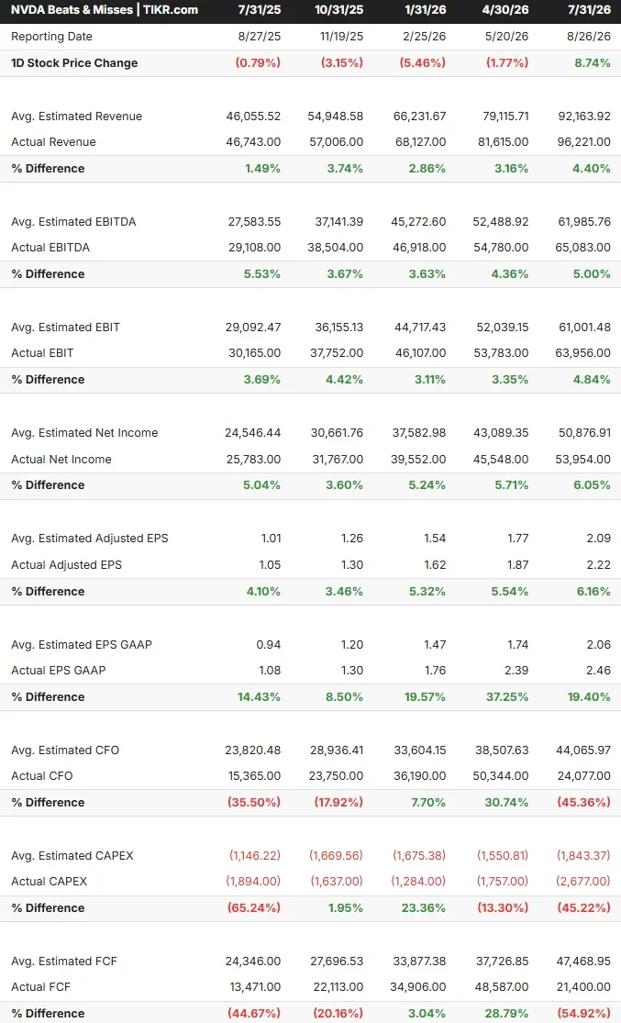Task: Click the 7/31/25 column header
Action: point(259,10)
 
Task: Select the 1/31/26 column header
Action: point(426,10)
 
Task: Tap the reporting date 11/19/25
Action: point(341,37)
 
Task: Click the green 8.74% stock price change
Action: point(592,62)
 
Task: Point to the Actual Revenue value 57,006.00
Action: point(336,141)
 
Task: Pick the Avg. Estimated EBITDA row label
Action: point(73,221)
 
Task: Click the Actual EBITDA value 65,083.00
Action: point(583,248)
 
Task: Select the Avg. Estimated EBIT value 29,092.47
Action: point(253,327)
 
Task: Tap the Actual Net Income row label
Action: point(61,460)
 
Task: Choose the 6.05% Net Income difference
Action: point(592,484)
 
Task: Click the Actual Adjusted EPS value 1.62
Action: point(435,565)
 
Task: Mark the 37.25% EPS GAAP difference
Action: point(507,696)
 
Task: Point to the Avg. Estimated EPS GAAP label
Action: point(82,645)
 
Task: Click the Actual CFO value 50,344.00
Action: point(500,775)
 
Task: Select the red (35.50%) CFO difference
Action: point(254,802)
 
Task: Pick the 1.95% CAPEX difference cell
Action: point(346,907)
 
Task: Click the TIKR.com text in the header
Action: point(171,10)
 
